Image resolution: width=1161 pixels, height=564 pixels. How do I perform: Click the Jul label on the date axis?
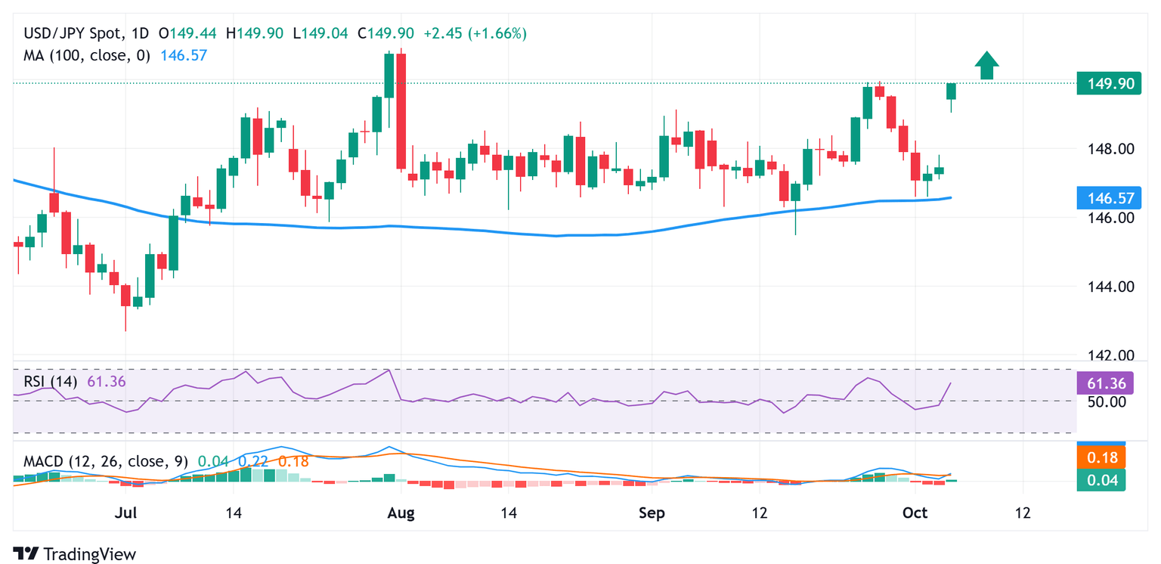click(126, 513)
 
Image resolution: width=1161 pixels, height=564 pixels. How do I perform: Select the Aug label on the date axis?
click(401, 513)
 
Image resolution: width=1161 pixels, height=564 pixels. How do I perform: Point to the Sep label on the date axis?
click(652, 513)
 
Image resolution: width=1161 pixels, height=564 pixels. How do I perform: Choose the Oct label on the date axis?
click(915, 513)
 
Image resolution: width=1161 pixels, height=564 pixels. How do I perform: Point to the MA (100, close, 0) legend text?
click(87, 55)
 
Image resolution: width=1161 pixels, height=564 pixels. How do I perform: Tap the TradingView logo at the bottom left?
click(74, 554)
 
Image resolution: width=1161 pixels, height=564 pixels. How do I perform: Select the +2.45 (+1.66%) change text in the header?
click(475, 33)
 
